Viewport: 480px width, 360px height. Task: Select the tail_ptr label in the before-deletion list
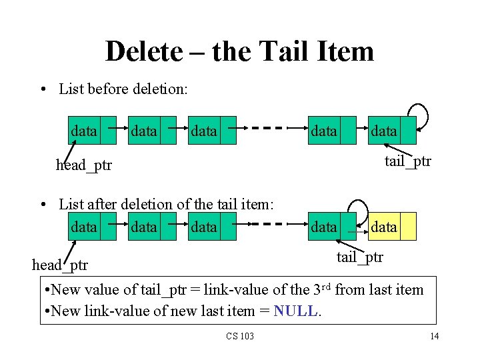click(x=408, y=161)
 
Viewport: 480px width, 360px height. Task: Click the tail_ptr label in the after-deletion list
click(x=360, y=257)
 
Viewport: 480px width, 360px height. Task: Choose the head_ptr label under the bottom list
click(x=60, y=265)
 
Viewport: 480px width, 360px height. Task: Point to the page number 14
click(x=435, y=336)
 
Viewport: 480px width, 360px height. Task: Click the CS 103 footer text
click(x=239, y=336)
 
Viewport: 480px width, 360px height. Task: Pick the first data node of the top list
click(x=91, y=131)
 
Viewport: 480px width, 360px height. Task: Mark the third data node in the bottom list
click(x=211, y=227)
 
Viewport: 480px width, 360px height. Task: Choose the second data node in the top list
click(x=151, y=131)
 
